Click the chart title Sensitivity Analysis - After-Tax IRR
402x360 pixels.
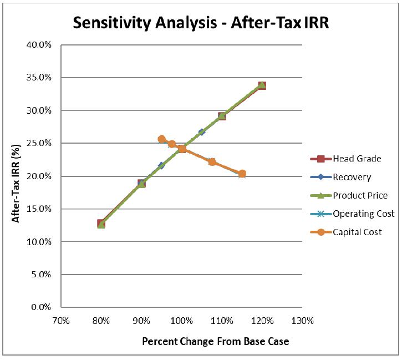[x=201, y=23]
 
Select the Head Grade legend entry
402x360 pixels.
[x=345, y=159]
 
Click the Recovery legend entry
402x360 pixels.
[x=340, y=177]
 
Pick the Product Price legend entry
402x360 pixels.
[x=349, y=196]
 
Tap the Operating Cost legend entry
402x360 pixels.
[x=352, y=214]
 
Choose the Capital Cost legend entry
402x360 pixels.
[x=346, y=232]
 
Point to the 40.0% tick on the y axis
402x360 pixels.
[x=39, y=45]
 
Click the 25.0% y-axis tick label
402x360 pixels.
[x=39, y=143]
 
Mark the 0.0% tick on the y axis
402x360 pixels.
[x=41, y=307]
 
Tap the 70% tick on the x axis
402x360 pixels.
[x=61, y=321]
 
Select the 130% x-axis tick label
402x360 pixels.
[x=303, y=321]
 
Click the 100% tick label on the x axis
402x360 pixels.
[x=182, y=321]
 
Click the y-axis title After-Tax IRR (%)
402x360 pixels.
[x=16, y=183]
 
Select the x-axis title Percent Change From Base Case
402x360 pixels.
[x=216, y=342]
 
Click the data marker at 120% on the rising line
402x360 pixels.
[x=262, y=85]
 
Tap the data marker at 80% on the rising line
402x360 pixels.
[x=101, y=224]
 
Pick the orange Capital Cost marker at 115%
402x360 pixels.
[x=242, y=174]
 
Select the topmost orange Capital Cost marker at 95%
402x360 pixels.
[x=162, y=139]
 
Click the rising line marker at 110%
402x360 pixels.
[x=222, y=116]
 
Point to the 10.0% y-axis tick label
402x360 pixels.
[x=39, y=241]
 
